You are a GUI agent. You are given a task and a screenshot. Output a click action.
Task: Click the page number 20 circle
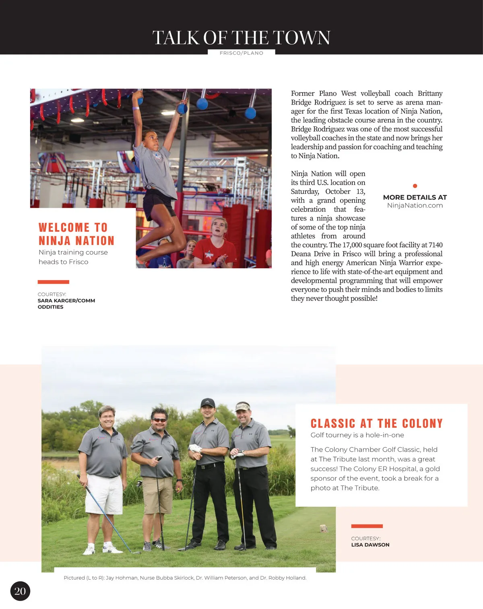tap(20, 590)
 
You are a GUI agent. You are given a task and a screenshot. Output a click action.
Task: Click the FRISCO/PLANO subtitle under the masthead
tap(242, 53)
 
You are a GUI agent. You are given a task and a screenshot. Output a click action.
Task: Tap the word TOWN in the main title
tap(302, 38)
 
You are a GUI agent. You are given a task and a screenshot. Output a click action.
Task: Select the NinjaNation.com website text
tap(415, 205)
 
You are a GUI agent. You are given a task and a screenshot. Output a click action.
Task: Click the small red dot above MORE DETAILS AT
tap(415, 186)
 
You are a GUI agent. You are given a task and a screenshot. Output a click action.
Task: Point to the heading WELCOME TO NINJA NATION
tap(76, 234)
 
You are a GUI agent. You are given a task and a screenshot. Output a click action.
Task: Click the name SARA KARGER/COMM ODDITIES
tap(66, 304)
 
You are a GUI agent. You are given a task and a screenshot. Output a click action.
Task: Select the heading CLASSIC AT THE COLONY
tap(376, 423)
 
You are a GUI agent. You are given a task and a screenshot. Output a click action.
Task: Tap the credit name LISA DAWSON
tap(370, 545)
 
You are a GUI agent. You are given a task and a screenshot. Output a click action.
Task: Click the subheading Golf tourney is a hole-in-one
tap(357, 435)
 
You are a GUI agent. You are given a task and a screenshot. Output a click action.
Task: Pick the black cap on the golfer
tap(208, 402)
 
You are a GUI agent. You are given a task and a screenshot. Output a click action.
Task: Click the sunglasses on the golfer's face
tap(159, 420)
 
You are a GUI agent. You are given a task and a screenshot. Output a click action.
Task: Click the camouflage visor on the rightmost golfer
tap(243, 407)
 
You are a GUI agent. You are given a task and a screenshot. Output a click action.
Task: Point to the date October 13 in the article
tap(345, 191)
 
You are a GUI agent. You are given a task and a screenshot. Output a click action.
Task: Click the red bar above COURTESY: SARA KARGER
tap(54, 282)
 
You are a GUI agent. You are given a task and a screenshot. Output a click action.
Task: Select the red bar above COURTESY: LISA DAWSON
tap(367, 526)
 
